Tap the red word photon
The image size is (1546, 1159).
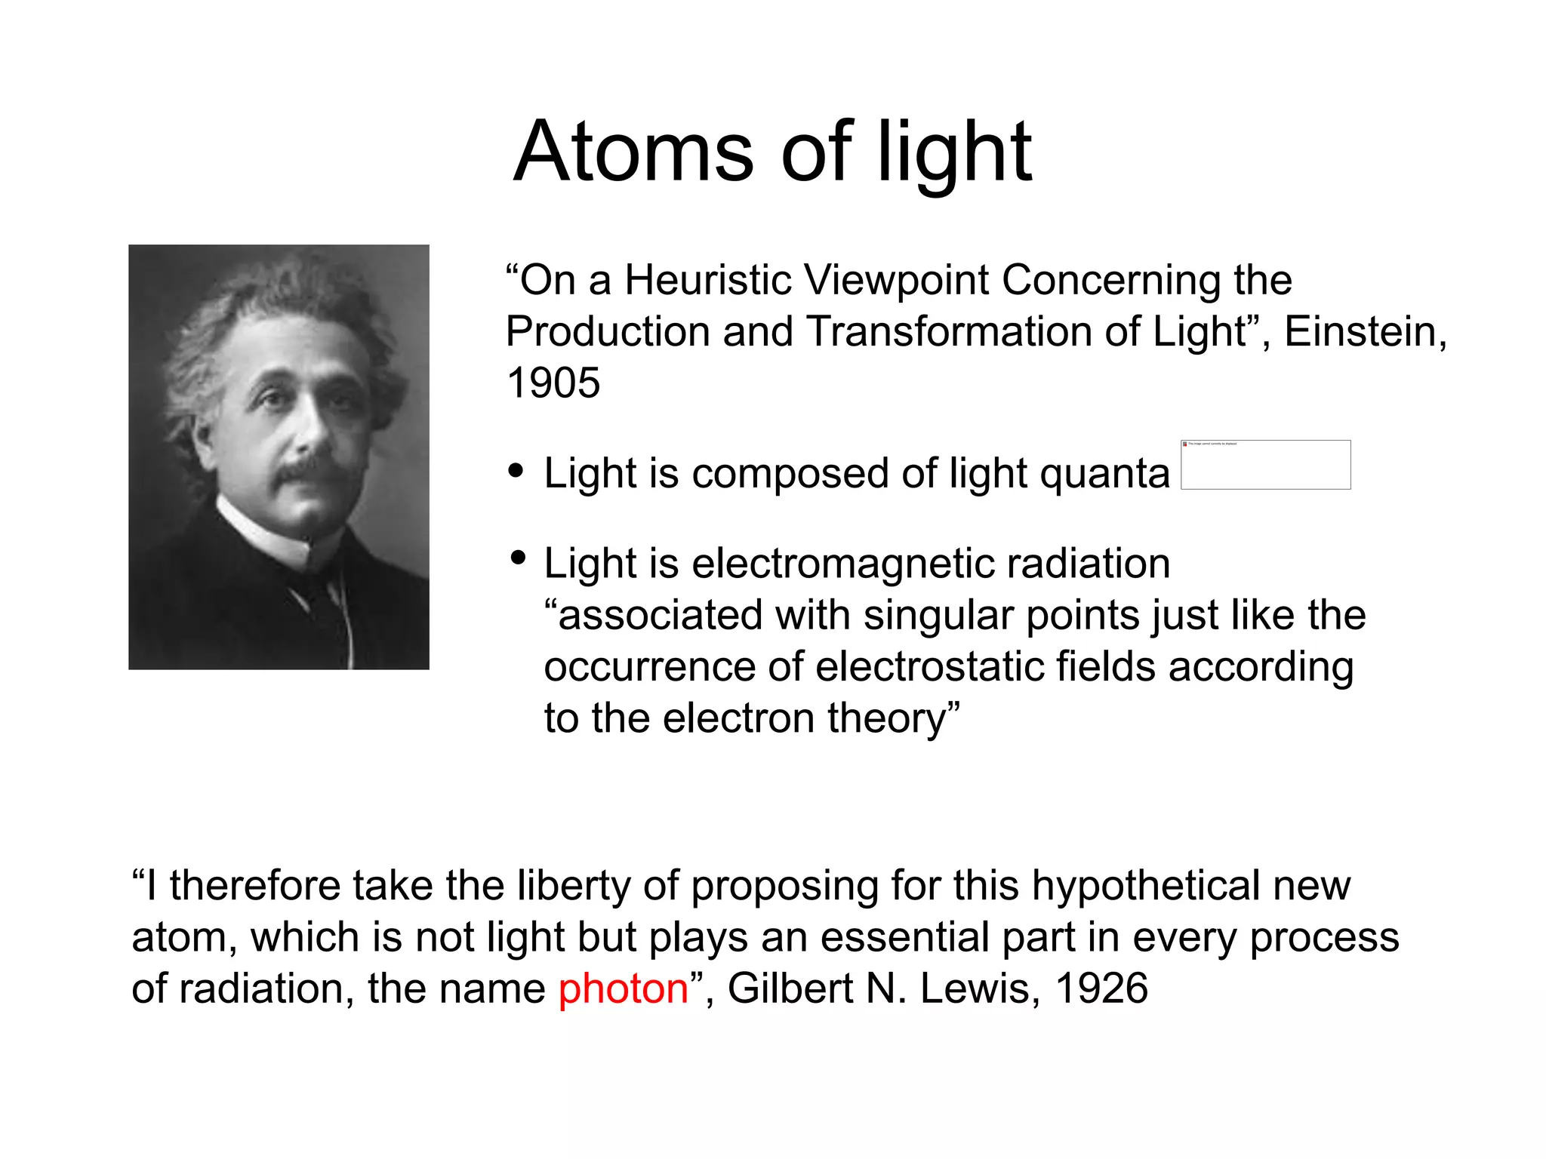pos(623,988)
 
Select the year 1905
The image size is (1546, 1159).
pos(553,383)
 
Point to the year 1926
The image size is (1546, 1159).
pos(1101,988)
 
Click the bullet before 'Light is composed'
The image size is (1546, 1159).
pos(516,471)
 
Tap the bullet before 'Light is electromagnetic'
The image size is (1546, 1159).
pos(518,558)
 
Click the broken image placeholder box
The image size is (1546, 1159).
pos(1265,465)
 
